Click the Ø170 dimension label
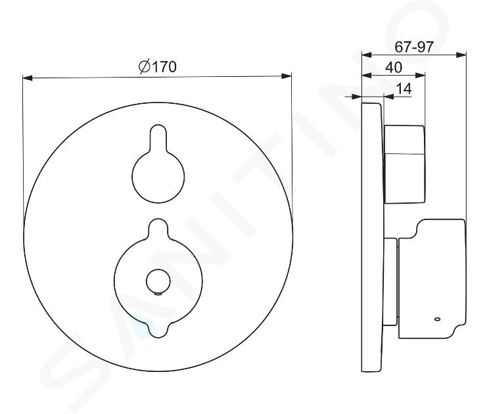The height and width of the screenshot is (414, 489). click(158, 66)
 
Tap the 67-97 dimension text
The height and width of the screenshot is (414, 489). click(414, 47)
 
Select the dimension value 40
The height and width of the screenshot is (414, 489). click(394, 68)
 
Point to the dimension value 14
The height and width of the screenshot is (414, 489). click(404, 89)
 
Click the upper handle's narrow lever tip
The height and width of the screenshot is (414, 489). click(158, 134)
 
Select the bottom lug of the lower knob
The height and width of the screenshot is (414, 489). click(158, 329)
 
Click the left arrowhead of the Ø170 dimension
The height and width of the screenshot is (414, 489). click(28, 78)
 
